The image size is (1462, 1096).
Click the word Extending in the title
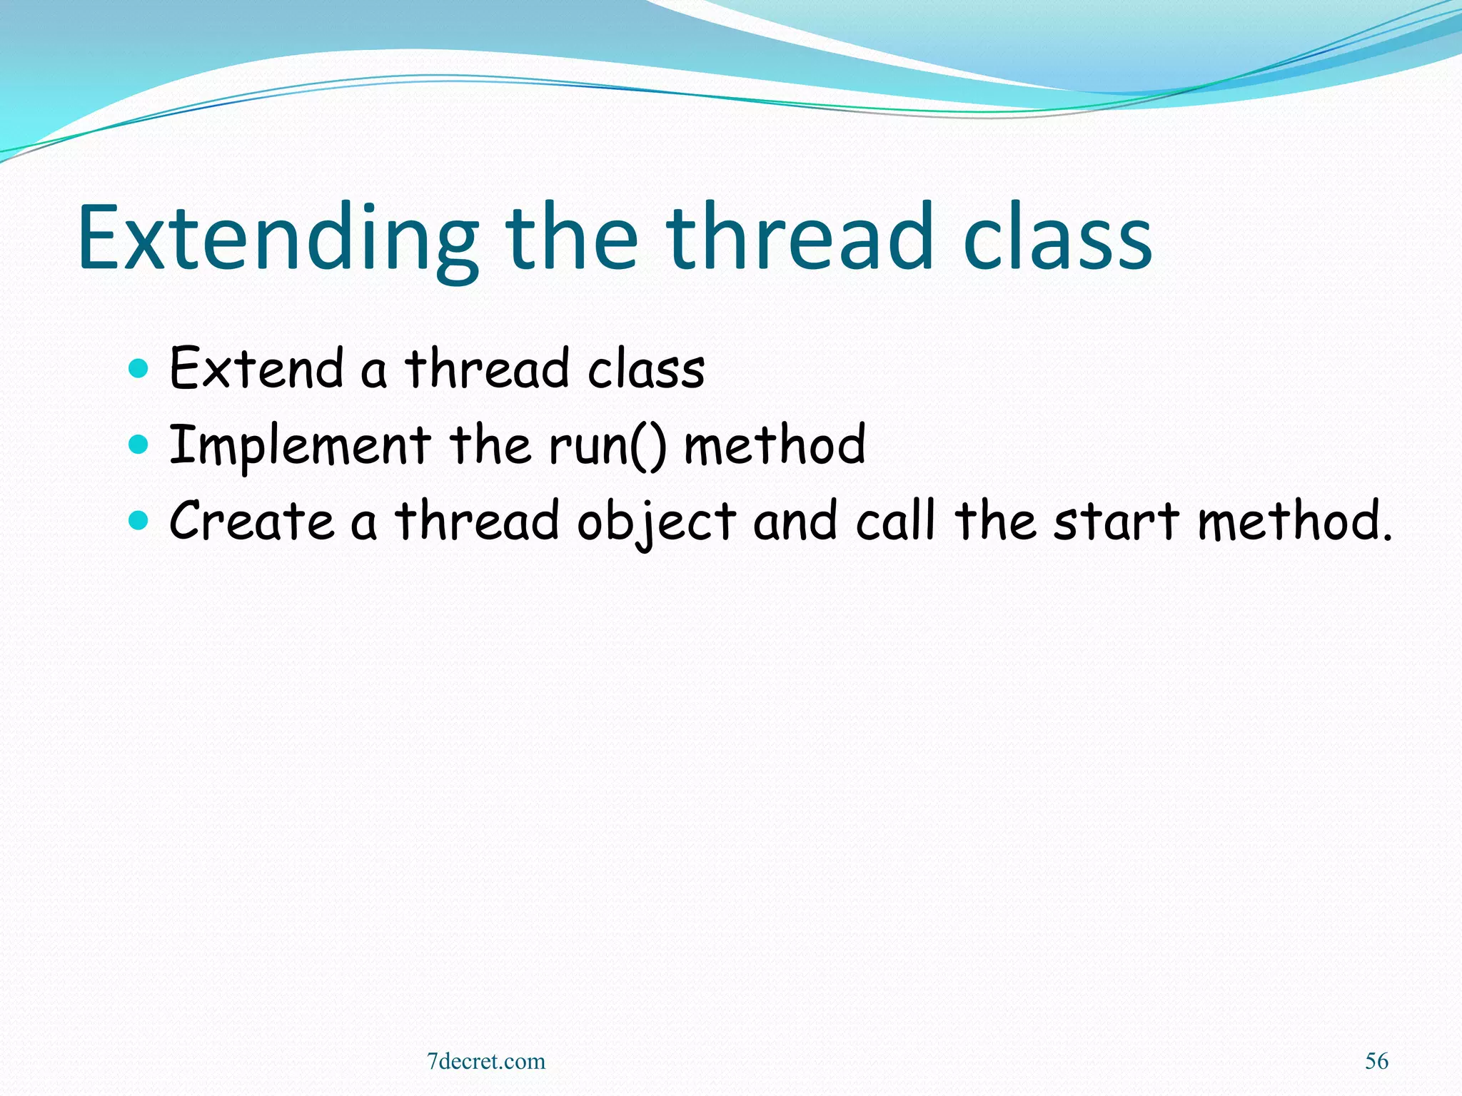[x=278, y=239]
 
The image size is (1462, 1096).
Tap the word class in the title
[x=1057, y=239]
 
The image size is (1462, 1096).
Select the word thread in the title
[x=800, y=239]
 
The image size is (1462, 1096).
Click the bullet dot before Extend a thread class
[x=138, y=369]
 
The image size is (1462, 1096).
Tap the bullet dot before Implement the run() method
[x=138, y=445]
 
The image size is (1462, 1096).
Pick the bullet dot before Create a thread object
[x=138, y=521]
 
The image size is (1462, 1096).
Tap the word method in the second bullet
[x=775, y=445]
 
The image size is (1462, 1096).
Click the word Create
[x=251, y=521]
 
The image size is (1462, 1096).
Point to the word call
[x=895, y=521]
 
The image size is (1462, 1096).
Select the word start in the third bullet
[x=1116, y=521]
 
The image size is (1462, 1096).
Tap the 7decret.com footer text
[x=486, y=1061]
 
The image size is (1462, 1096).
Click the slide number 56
[x=1376, y=1061]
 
